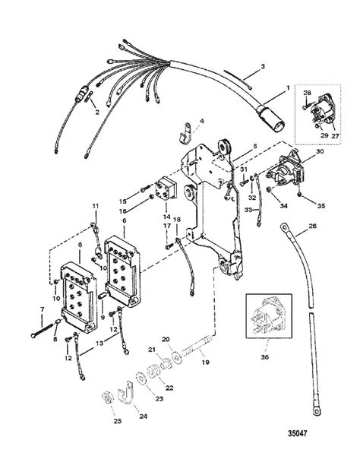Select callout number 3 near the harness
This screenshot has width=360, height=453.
pyautogui.click(x=262, y=68)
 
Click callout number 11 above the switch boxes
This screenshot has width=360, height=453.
pyautogui.click(x=95, y=207)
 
